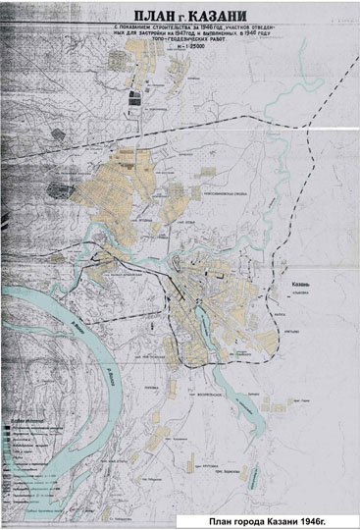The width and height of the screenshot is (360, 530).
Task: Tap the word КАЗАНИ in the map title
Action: (222, 14)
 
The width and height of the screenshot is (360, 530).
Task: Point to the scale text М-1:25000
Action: (180, 61)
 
